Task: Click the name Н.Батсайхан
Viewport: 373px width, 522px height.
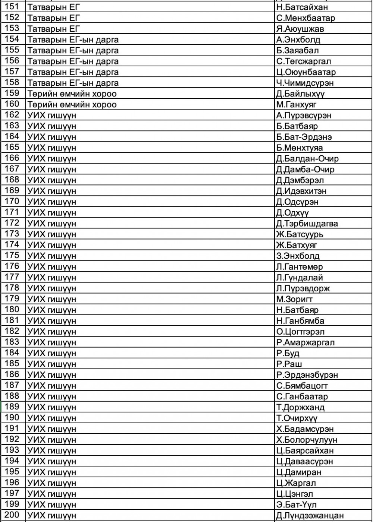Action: [302, 7]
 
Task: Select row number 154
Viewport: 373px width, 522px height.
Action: [12, 39]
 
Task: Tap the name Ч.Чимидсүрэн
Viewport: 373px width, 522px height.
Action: [305, 83]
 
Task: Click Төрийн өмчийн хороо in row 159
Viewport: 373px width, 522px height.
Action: [72, 94]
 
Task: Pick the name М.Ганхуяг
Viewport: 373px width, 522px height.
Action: [296, 104]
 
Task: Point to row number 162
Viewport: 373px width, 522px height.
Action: [12, 115]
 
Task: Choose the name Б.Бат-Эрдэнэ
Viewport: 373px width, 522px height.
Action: [304, 137]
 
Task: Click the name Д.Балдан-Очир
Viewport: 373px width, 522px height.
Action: [307, 158]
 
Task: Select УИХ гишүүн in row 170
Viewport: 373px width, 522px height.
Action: [52, 202]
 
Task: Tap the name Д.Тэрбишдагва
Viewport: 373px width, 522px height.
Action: [307, 224]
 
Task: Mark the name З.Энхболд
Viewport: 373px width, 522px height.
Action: [298, 256]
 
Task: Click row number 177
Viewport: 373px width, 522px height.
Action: [12, 277]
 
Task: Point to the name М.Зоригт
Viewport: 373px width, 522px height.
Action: [295, 299]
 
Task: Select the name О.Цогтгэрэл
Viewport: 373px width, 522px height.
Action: [300, 332]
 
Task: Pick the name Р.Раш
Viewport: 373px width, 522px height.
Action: [289, 364]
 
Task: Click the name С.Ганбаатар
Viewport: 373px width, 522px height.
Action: [302, 396]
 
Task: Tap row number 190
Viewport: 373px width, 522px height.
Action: [12, 417]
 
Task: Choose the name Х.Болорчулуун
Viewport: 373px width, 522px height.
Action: [307, 440]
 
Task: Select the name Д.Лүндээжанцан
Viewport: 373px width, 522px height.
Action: [310, 516]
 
